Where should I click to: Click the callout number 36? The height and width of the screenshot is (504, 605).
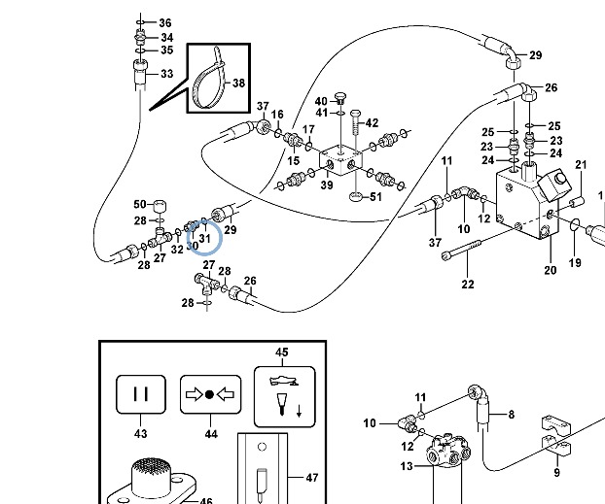(165, 22)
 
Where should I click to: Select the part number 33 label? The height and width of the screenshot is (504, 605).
(166, 74)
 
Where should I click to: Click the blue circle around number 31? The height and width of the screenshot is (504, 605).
(203, 237)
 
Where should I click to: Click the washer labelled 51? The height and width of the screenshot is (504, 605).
(356, 197)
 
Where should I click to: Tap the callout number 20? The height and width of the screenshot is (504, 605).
(550, 271)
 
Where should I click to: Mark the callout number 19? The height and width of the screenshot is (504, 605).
(575, 263)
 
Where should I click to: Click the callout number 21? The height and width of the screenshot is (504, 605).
(581, 165)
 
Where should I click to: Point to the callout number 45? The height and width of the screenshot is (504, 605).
(282, 352)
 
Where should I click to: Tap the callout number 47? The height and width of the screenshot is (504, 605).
(311, 479)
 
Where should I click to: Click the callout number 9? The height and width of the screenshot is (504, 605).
(556, 473)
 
